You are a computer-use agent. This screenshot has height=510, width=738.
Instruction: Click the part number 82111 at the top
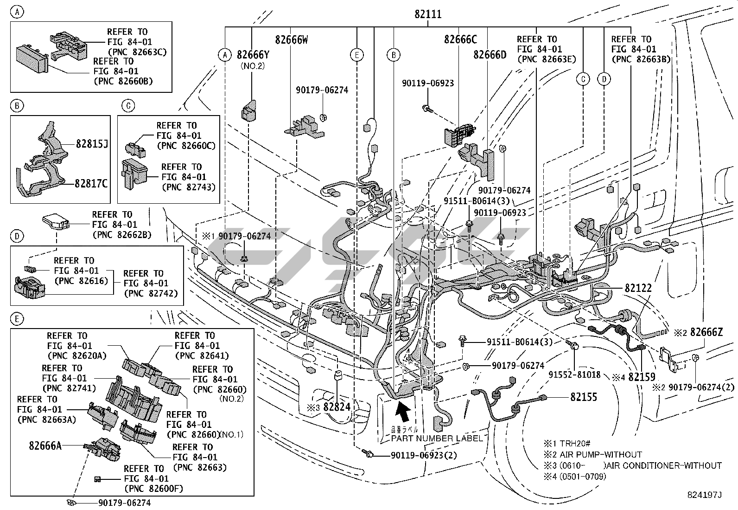click(x=427, y=15)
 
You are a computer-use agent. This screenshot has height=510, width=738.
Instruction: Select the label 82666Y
click(x=253, y=55)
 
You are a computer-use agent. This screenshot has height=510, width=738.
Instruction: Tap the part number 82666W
click(x=291, y=40)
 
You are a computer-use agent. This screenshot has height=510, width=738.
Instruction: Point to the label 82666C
click(x=460, y=39)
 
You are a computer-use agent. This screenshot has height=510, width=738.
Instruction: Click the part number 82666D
click(x=490, y=55)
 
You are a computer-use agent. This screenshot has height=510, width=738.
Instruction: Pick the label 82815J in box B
click(x=92, y=144)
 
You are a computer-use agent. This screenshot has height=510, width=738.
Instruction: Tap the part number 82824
click(x=337, y=407)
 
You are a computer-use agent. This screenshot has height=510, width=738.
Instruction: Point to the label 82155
click(x=584, y=397)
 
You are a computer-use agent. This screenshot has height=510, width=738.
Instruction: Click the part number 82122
click(x=638, y=288)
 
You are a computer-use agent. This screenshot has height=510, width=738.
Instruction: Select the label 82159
click(x=642, y=378)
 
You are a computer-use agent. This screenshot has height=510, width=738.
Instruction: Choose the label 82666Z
click(x=706, y=332)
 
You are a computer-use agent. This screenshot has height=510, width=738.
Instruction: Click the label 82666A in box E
click(x=45, y=446)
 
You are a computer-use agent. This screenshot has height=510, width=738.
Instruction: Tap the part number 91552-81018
click(x=574, y=374)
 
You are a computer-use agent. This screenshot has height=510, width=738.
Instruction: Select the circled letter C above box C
click(x=128, y=106)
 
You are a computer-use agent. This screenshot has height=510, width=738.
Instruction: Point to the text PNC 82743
click(x=188, y=187)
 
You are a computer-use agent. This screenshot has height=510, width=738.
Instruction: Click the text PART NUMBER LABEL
click(x=437, y=439)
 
